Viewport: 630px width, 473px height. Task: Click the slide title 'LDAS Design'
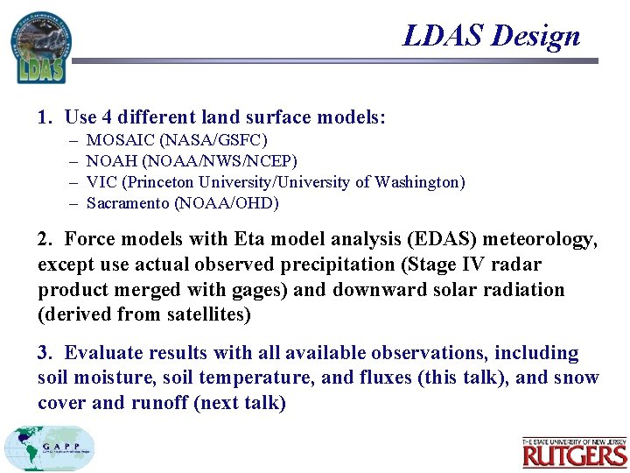491,36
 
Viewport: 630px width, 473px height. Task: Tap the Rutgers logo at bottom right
575,453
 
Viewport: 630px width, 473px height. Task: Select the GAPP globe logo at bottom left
49,448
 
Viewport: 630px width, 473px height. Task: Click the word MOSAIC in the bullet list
121,140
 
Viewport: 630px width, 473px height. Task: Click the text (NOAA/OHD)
227,203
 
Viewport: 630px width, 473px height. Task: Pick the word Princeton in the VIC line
160,182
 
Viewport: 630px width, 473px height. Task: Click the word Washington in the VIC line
416,182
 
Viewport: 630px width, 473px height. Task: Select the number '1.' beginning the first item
45,116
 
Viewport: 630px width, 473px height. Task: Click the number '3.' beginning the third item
45,353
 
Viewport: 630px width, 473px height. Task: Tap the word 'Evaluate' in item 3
101,353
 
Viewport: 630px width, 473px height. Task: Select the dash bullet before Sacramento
71,203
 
